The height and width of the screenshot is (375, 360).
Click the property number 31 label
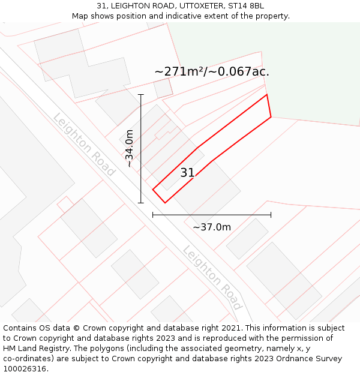[x=187, y=173]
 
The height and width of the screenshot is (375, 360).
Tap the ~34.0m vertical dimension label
[x=130, y=148]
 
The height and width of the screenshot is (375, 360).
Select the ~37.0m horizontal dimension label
[x=212, y=227]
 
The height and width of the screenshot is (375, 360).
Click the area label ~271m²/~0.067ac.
[x=212, y=71]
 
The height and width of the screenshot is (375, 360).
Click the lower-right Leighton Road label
[x=212, y=277]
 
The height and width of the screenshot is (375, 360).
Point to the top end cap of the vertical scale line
[x=141, y=95]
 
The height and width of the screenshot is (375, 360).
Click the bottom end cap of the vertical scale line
[x=141, y=203]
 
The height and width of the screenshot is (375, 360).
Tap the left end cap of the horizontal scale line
[x=153, y=214]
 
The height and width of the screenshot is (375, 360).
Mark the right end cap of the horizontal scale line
[x=271, y=214]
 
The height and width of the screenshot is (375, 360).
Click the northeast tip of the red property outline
[x=266, y=94]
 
